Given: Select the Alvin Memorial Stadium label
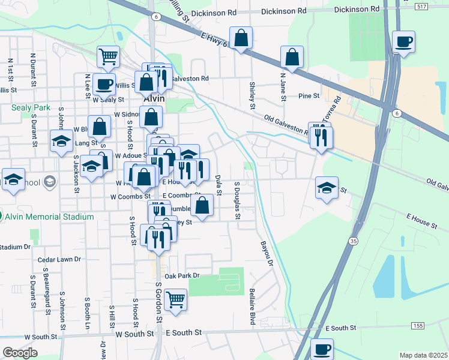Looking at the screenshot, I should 50,216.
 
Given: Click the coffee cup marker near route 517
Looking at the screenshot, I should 403,42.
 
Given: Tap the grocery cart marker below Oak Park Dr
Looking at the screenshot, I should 175,299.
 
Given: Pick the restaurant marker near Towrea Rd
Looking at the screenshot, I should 320,137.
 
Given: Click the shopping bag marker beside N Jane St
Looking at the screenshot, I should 291,58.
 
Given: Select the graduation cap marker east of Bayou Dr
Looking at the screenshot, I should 327,188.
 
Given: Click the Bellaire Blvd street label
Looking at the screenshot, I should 253,308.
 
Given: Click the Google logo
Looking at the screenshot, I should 20,352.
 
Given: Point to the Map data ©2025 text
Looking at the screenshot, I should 423,355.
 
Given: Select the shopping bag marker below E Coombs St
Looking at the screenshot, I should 203,206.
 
